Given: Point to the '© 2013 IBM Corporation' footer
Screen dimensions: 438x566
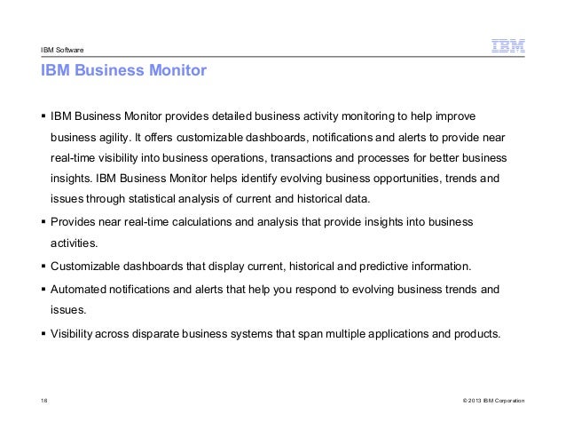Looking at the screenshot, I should click(x=488, y=402).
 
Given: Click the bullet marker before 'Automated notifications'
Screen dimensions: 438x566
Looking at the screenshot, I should click(x=42, y=290).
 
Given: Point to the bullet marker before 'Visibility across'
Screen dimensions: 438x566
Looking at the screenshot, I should click(x=42, y=335).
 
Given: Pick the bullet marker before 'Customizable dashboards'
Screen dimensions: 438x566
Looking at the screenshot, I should click(x=42, y=266).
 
